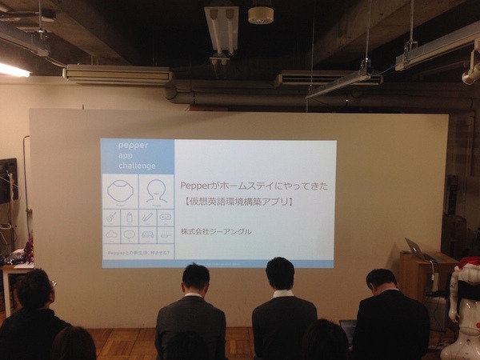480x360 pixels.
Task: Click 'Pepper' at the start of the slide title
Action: (195, 186)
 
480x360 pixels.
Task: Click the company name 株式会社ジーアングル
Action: (216, 232)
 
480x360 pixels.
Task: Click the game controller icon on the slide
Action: (166, 217)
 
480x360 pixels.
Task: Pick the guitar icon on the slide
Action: (111, 218)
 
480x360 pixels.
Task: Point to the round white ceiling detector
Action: (261, 14)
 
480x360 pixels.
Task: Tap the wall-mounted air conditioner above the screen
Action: (118, 74)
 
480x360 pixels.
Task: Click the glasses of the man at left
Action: (52, 283)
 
